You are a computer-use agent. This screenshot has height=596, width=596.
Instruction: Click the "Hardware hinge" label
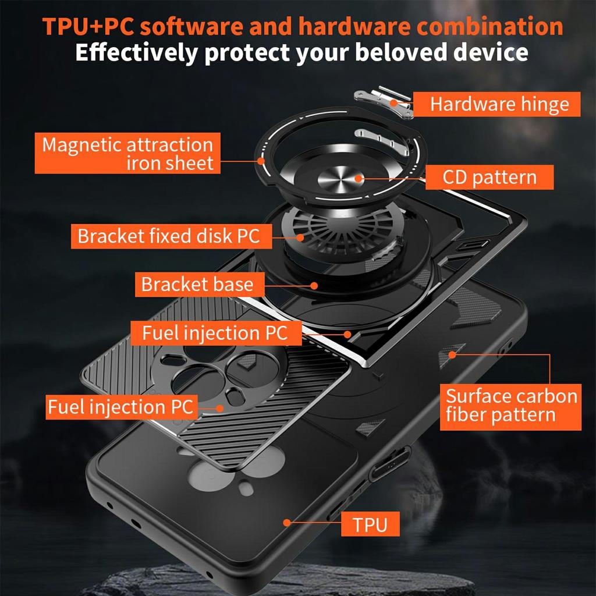[x=498, y=104]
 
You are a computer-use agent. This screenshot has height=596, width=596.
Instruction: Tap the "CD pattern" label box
[x=489, y=177]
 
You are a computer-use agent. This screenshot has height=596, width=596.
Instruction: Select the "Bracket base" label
[x=197, y=285]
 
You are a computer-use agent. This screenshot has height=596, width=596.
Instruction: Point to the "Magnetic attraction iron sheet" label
[x=128, y=153]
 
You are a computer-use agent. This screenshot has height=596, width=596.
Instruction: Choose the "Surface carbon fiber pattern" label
[x=510, y=406]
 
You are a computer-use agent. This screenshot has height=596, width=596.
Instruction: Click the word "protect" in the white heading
[x=247, y=53]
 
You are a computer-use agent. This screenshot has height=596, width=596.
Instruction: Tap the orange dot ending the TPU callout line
[x=286, y=522]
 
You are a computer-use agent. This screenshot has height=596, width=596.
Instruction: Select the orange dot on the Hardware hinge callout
[x=378, y=104]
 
